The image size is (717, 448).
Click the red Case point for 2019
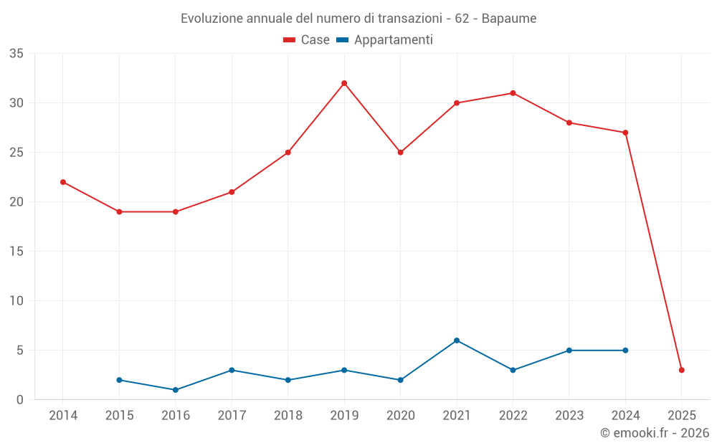click(344, 83)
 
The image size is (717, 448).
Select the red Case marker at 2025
click(682, 370)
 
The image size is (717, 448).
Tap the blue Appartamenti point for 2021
click(457, 340)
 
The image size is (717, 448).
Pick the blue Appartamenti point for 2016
click(176, 390)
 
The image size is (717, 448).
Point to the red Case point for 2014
click(63, 182)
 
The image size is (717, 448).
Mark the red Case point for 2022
click(513, 93)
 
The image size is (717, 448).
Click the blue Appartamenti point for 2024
click(625, 351)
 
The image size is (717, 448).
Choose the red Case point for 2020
click(401, 153)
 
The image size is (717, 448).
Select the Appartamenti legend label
click(393, 40)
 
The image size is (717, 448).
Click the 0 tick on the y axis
click(20, 400)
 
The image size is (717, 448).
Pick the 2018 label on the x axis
click(288, 416)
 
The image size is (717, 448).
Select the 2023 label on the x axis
click(569, 416)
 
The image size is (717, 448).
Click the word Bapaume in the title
click(509, 19)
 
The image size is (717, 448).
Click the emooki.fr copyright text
click(654, 433)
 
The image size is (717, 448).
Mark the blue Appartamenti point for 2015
click(119, 380)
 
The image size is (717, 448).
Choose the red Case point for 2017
click(232, 192)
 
